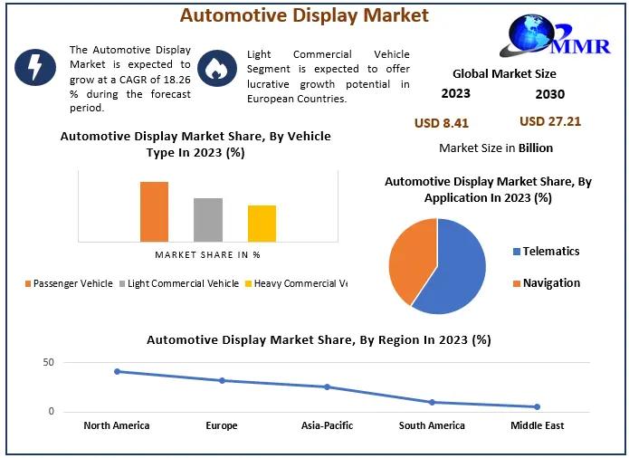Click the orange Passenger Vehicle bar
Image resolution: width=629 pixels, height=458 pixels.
154,212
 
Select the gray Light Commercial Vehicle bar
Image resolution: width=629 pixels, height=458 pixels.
207,220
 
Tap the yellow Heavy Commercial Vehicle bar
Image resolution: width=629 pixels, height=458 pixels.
262,224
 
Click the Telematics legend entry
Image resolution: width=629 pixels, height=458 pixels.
546,251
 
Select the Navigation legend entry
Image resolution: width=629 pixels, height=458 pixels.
546,282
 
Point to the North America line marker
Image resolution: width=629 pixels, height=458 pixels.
117,371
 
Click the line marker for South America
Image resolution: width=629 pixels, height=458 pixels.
432,402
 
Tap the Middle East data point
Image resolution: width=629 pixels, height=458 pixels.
537,406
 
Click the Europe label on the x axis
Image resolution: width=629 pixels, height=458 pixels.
222,425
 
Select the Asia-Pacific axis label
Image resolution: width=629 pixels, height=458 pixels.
327,425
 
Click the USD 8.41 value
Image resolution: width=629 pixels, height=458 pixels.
441,123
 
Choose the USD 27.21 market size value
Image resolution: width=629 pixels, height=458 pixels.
550,121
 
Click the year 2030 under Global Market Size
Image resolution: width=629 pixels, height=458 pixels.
549,93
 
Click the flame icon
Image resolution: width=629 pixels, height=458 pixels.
216,68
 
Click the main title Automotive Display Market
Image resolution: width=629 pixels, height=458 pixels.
304,15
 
